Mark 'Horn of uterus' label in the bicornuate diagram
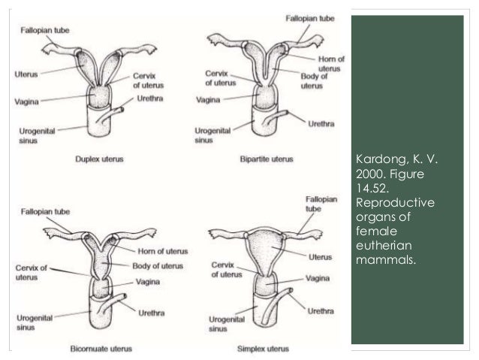tap(163, 251)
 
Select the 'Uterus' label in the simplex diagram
tap(319, 257)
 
